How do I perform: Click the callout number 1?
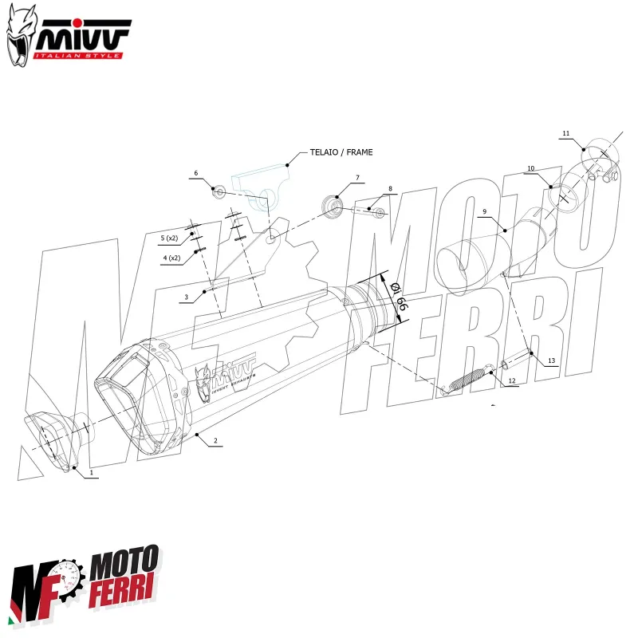pyautogui.click(x=92, y=472)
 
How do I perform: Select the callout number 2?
pyautogui.click(x=215, y=440)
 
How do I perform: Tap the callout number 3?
pyautogui.click(x=186, y=297)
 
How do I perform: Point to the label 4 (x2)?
pyautogui.click(x=171, y=258)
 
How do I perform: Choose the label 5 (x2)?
pyautogui.click(x=170, y=238)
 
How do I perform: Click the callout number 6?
pyautogui.click(x=195, y=173)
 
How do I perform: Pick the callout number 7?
pyautogui.click(x=357, y=177)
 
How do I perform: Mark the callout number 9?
pyautogui.click(x=483, y=211)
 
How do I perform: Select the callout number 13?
pyautogui.click(x=551, y=360)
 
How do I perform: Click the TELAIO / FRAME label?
pyautogui.click(x=336, y=152)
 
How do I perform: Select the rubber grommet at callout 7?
pyautogui.click(x=331, y=207)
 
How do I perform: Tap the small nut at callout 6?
pyautogui.click(x=218, y=191)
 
